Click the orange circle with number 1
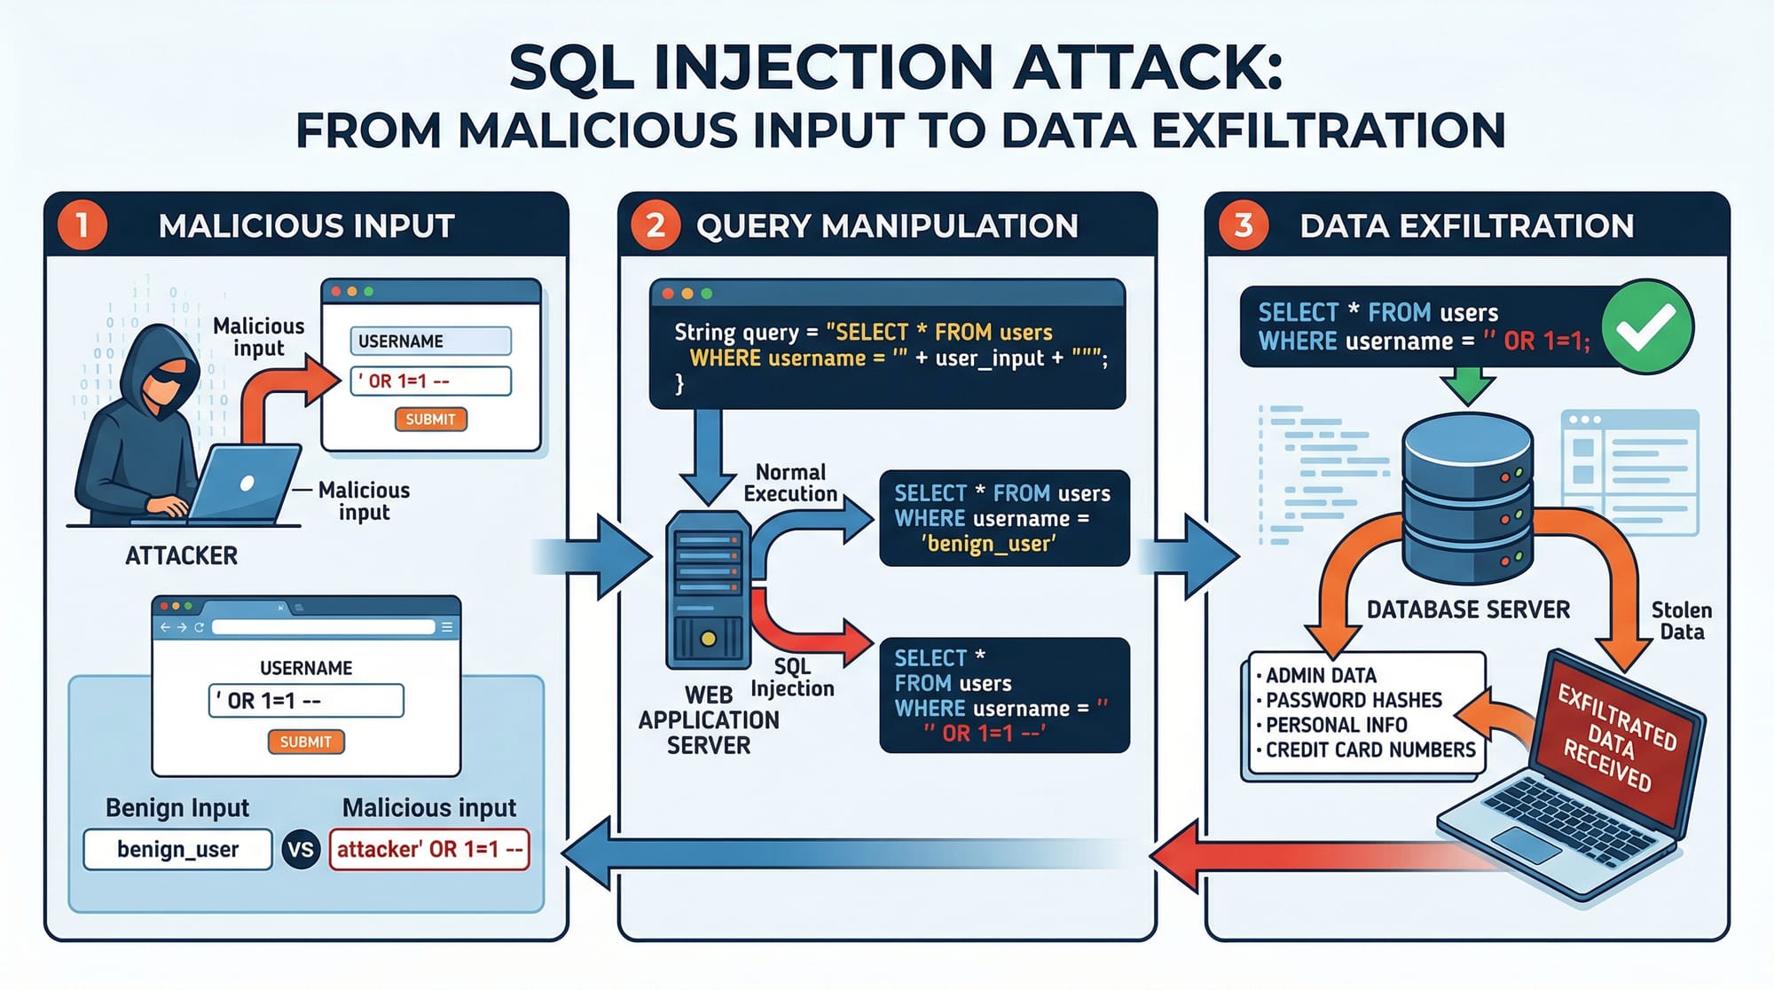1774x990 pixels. pos(82,225)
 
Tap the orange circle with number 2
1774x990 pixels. pos(655,225)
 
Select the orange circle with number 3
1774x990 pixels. pos(1244,225)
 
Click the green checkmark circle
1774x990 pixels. pos(1646,326)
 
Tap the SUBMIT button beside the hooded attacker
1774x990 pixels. pos(430,419)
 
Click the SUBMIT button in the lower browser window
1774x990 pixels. pos(305,742)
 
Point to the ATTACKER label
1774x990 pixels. pos(181,556)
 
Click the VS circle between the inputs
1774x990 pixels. pos(301,850)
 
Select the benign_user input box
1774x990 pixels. pos(177,850)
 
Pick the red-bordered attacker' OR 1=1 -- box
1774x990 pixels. pos(429,850)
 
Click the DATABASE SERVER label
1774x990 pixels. pos(1468,610)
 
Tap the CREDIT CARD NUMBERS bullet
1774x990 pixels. pos(1370,750)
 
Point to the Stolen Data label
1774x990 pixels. pos(1682,621)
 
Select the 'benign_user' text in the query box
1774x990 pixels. pos(988,544)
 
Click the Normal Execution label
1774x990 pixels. pos(789,483)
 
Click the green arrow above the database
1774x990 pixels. pos(1467,389)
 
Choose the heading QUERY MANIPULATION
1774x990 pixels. pos(887,226)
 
